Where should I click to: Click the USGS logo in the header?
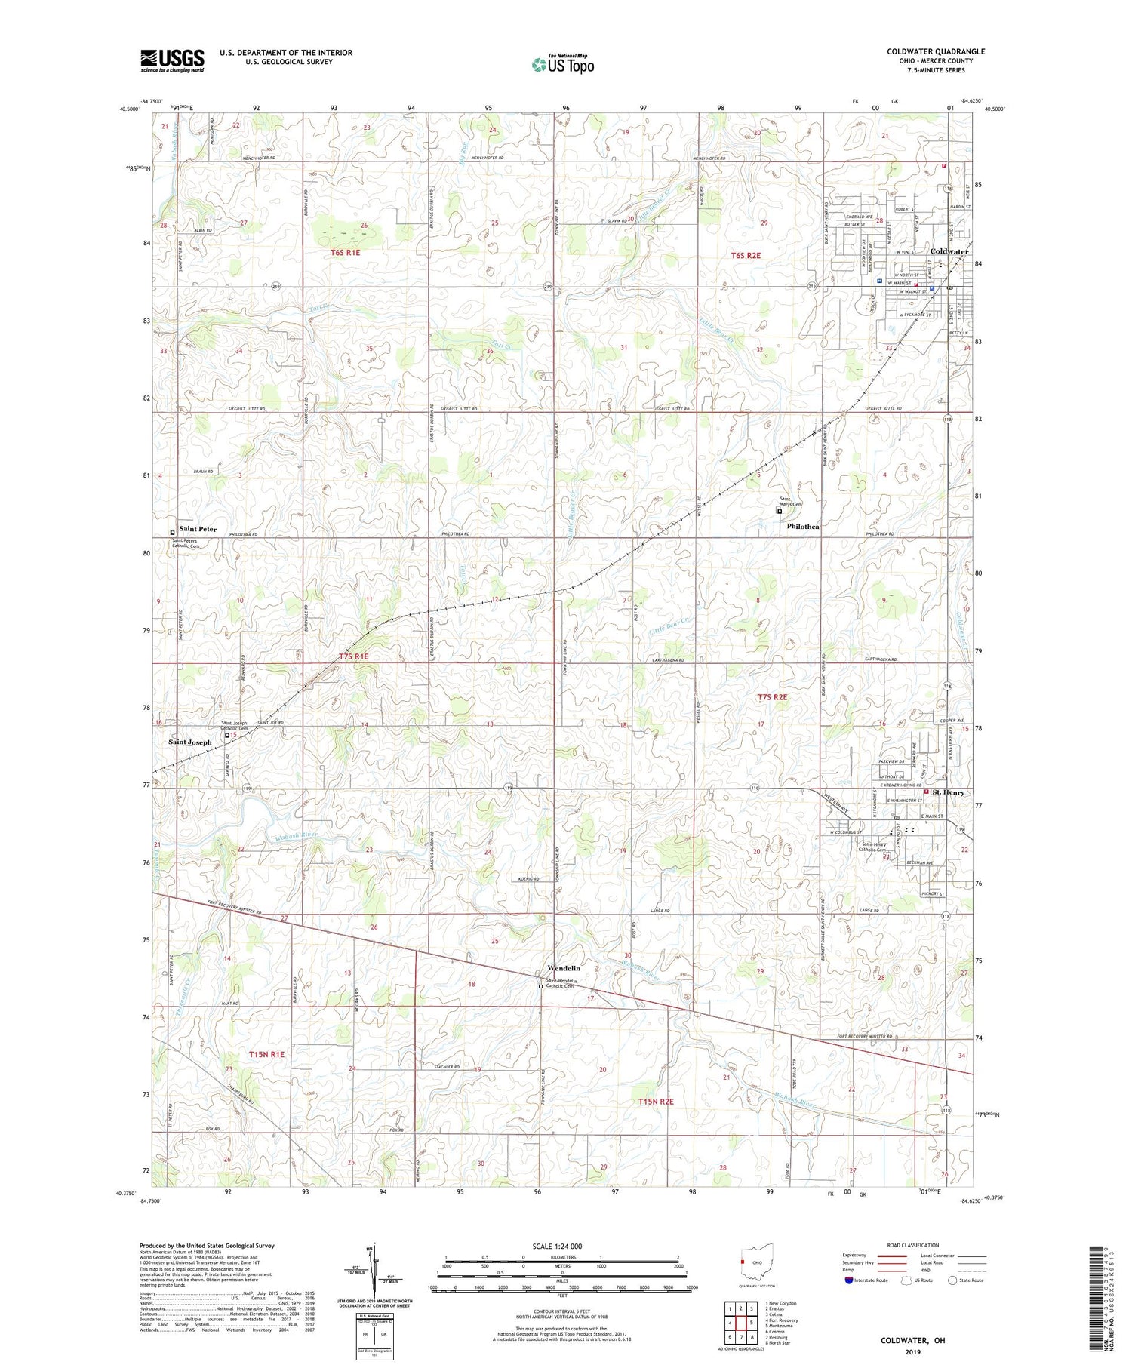click(172, 60)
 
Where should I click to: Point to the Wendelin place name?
click(564, 968)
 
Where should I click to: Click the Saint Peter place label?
click(198, 529)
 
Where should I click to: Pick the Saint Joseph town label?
click(189, 742)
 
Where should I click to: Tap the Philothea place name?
click(803, 526)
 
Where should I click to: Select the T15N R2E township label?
click(656, 1102)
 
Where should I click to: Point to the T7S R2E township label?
click(772, 697)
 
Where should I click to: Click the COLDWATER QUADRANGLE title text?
click(936, 51)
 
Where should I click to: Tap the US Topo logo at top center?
click(562, 65)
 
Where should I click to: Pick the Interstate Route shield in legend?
click(849, 1280)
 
